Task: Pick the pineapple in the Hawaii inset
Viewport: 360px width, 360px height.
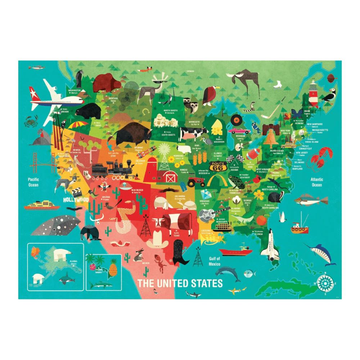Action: (x=113, y=267)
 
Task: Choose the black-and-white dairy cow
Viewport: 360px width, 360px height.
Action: (x=191, y=134)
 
